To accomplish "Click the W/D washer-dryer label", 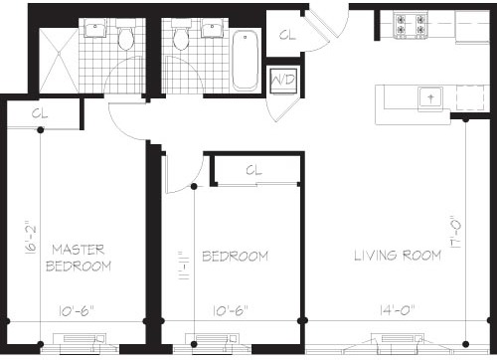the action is coord(283,80).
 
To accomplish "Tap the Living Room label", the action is coord(398,256).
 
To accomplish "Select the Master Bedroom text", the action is coord(79,258).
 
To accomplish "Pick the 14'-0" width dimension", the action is coord(398,310).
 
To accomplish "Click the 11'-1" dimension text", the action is coord(183,266).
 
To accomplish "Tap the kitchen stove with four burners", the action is coord(411,24).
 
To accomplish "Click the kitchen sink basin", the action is coord(430,98).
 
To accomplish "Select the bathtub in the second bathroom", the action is coord(245,61).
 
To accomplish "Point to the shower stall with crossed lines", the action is coord(59,61).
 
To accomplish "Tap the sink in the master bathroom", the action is coord(95,28).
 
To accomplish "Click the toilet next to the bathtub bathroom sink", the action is coord(181,35).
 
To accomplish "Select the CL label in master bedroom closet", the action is coord(40,113).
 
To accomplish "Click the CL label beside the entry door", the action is coord(287,35).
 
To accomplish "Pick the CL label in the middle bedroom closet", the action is coord(254,170).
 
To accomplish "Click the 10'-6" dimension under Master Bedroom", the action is coord(77,311).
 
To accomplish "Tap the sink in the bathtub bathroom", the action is coord(213,28).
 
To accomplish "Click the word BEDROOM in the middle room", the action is coord(235,257).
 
